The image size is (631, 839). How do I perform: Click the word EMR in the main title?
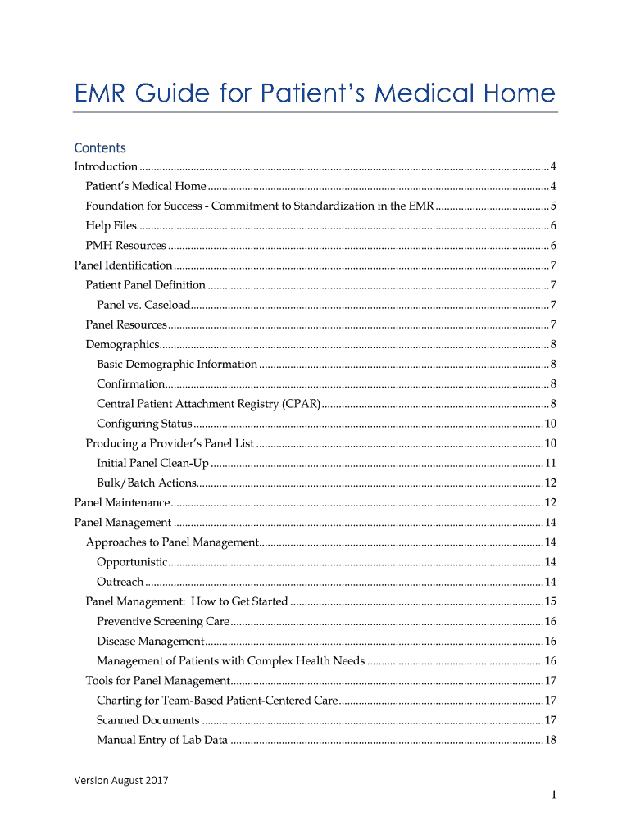103,93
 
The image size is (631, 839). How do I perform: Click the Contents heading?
100,148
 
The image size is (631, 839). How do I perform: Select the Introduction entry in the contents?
106,166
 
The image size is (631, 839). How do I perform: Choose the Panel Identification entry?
123,265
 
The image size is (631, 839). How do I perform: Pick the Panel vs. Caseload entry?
143,305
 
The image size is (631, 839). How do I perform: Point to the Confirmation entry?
131,383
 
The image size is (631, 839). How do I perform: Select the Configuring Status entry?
144,424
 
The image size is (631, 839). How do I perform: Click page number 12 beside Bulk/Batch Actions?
551,483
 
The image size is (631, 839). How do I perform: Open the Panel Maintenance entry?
122,502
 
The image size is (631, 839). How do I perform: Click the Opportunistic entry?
132,562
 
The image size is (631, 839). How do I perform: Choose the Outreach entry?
120,582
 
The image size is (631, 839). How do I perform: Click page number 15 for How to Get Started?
551,601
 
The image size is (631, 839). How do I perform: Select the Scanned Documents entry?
148,720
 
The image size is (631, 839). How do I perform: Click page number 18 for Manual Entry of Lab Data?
551,740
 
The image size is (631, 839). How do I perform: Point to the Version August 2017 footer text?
121,780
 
